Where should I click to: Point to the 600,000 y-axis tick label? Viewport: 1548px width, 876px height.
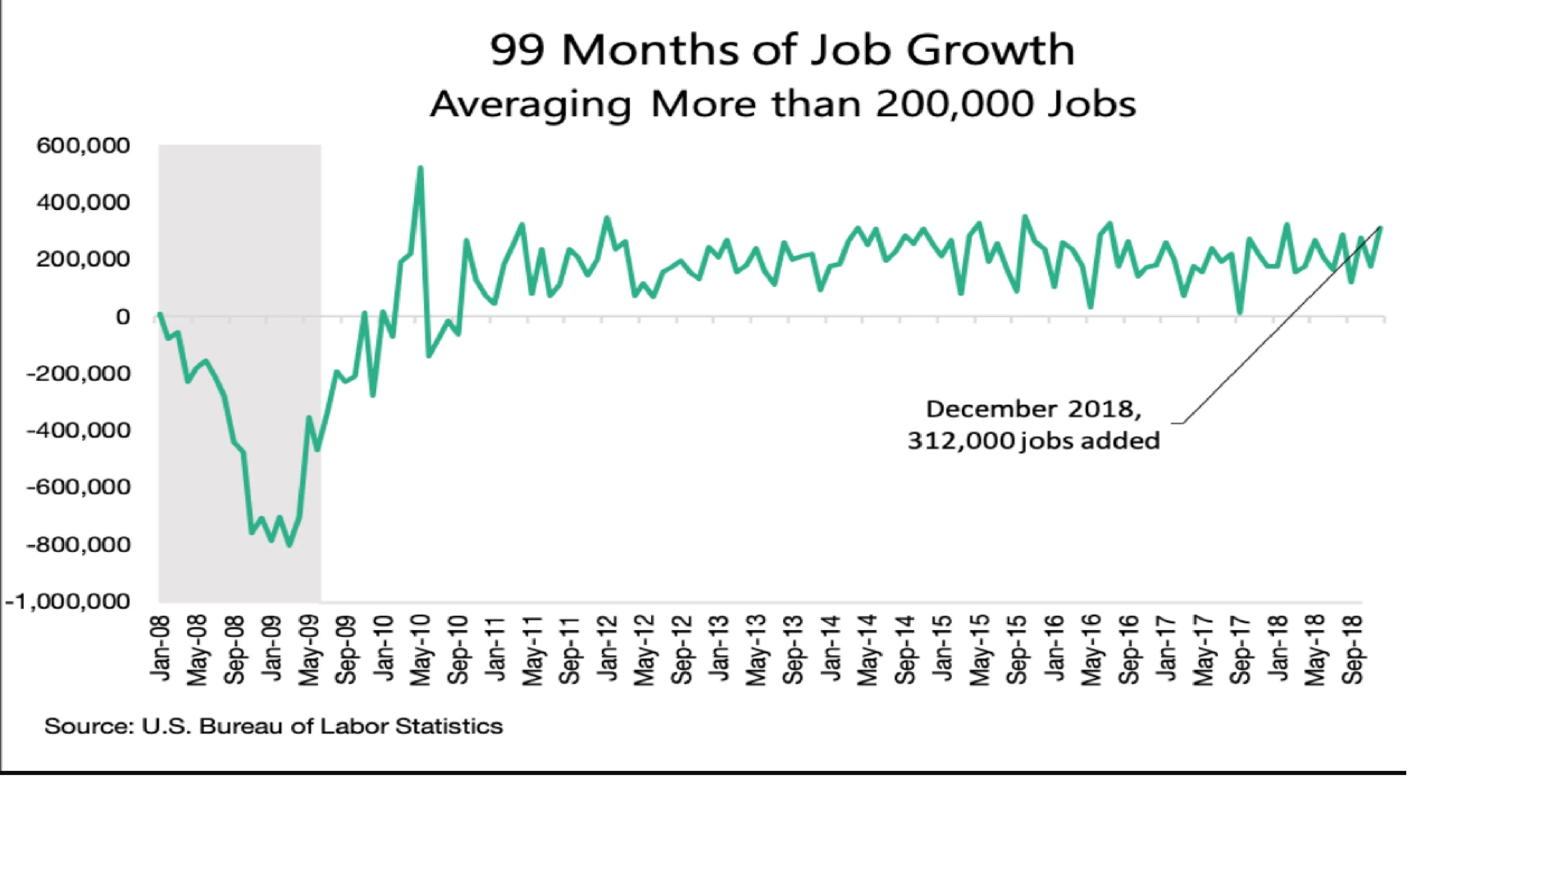[x=83, y=146]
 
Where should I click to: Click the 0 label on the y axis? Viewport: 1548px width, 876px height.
[x=123, y=316]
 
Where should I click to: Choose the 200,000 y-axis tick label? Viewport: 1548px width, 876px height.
[x=83, y=259]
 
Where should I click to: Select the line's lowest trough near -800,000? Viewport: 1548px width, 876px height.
[x=290, y=545]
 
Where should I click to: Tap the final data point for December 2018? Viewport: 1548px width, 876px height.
[x=1381, y=228]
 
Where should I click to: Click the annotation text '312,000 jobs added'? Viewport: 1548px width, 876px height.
[x=1033, y=441]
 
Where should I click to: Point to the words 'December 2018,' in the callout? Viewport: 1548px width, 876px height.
[x=1033, y=409]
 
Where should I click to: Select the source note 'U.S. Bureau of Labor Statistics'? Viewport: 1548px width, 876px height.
[x=322, y=726]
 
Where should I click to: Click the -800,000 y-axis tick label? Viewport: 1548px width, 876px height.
[x=78, y=544]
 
